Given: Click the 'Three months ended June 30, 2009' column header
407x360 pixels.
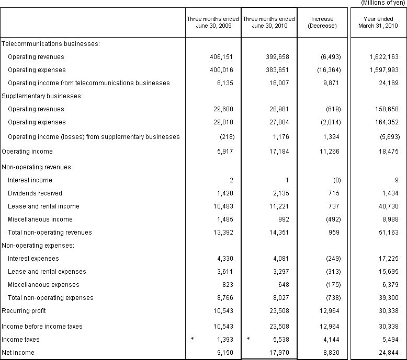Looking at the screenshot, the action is [x=213, y=22].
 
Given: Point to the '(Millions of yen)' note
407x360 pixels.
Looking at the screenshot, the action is [x=383, y=3].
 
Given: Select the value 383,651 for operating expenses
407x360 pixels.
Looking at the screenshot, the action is [x=278, y=70].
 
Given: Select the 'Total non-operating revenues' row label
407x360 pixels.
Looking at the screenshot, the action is [x=50, y=233].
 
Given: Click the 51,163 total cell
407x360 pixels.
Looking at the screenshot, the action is [x=388, y=233].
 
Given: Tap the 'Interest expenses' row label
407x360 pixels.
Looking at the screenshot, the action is [x=33, y=259].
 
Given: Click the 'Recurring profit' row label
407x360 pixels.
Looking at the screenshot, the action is [x=24, y=311].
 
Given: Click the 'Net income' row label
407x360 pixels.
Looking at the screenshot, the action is [x=18, y=353].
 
